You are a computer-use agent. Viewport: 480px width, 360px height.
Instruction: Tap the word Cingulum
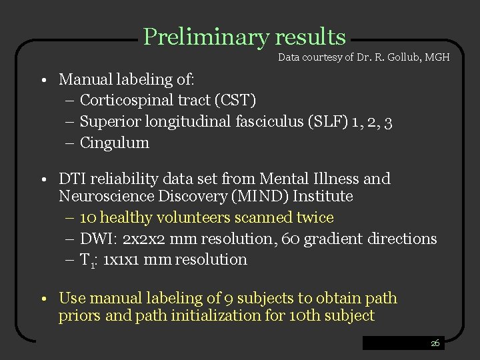point(115,143)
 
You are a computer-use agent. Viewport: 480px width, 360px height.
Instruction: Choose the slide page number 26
point(435,343)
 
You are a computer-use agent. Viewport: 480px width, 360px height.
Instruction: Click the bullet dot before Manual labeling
point(42,81)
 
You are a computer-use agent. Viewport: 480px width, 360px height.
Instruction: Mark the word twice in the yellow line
point(315,218)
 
